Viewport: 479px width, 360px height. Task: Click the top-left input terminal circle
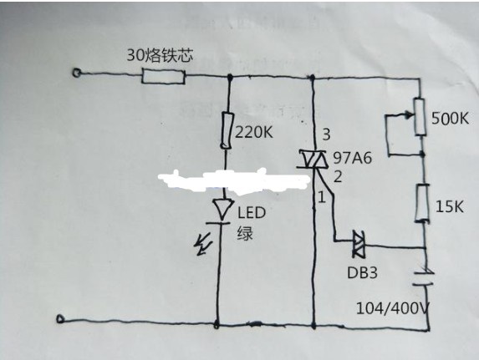(76, 73)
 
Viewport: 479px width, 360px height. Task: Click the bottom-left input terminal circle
(60, 319)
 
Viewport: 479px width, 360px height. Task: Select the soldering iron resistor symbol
(163, 76)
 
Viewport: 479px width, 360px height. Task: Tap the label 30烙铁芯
(160, 55)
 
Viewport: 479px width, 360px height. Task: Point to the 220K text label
(253, 133)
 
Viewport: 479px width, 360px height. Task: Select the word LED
(252, 213)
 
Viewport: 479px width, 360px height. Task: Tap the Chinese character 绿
(245, 233)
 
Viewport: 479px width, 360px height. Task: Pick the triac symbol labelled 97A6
(313, 159)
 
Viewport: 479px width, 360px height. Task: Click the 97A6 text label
(352, 158)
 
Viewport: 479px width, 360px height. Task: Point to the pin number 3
(326, 134)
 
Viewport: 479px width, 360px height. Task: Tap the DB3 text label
(362, 272)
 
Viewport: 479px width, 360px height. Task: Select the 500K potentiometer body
(420, 117)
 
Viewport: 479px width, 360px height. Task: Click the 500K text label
(451, 118)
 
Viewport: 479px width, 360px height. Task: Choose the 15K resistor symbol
(422, 203)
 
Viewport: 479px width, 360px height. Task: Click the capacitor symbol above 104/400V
(423, 277)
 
